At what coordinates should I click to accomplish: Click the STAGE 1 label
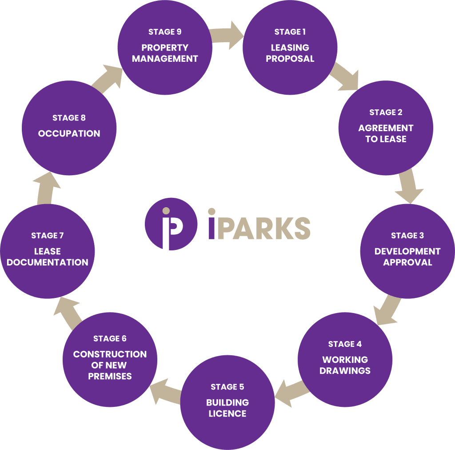tap(290, 32)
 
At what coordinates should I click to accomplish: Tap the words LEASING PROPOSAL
tap(290, 53)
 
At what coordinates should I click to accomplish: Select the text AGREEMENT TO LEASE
tap(386, 133)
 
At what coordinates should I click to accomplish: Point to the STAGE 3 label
tap(407, 236)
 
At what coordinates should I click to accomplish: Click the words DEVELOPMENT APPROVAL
tap(407, 257)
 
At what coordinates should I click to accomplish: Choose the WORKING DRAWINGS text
tap(345, 365)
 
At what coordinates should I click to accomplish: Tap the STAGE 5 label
tap(227, 387)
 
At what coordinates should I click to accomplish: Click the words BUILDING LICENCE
tap(227, 408)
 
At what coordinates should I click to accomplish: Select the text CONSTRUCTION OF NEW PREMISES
tap(110, 365)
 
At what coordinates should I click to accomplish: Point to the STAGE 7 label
tap(48, 236)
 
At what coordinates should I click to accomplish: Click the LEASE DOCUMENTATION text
tap(48, 257)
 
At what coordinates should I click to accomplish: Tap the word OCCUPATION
tap(69, 133)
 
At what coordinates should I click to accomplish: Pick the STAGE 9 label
tap(164, 32)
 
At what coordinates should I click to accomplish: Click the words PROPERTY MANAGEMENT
tap(164, 53)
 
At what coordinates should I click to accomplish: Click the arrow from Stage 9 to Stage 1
tap(227, 35)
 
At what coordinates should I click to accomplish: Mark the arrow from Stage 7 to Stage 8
tap(45, 187)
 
